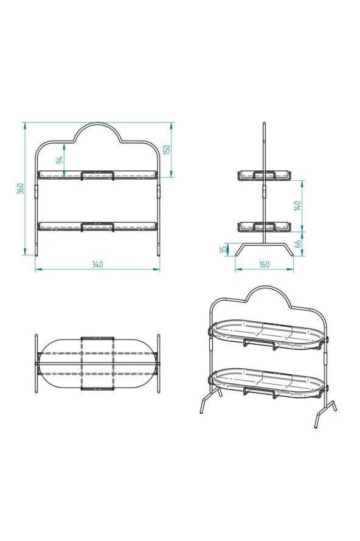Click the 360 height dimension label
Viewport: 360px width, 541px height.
(21, 189)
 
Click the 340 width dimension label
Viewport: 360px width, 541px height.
(97, 264)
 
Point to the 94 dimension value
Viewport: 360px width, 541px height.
(60, 160)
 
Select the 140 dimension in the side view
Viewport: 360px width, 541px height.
(297, 206)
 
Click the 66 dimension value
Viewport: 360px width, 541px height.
(297, 243)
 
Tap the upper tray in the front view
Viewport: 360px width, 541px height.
(97, 175)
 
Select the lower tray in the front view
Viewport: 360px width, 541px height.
(97, 226)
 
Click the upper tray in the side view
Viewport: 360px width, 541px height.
(264, 176)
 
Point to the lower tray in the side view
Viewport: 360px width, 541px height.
(264, 227)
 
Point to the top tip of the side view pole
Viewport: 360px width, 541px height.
(264, 124)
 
